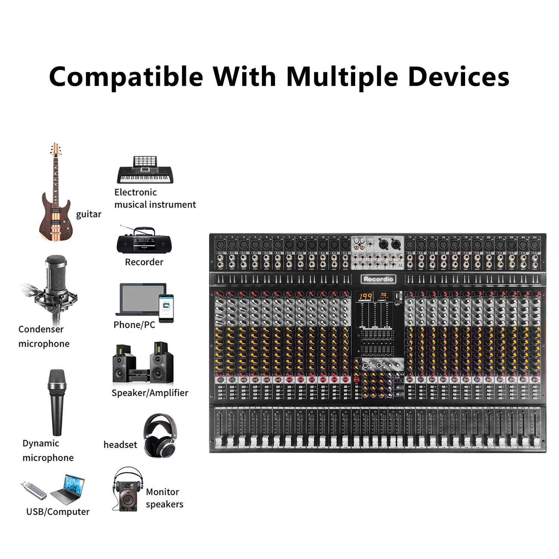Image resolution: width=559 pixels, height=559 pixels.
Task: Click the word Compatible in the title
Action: click(x=126, y=77)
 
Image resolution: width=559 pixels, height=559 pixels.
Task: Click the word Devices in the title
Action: click(x=458, y=77)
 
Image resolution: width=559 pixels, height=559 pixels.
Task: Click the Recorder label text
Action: click(x=144, y=262)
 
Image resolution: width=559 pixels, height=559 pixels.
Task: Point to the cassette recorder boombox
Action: click(x=144, y=241)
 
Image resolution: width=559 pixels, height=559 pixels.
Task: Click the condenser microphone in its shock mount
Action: click(x=55, y=287)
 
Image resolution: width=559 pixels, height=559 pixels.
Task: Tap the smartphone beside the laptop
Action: click(x=166, y=308)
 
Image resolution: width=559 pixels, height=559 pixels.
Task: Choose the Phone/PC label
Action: click(x=134, y=325)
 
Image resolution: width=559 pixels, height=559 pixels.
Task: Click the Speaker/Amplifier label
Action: click(x=150, y=393)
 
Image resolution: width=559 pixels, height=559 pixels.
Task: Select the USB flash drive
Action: click(x=34, y=490)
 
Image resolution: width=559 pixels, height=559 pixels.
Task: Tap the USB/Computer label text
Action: click(x=58, y=512)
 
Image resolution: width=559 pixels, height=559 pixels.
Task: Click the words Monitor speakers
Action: click(x=164, y=498)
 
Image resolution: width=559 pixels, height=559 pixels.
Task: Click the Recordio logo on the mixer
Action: click(x=378, y=279)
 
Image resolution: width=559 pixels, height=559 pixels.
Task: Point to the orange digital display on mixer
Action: click(x=366, y=297)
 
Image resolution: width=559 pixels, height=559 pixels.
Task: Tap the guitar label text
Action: click(x=89, y=214)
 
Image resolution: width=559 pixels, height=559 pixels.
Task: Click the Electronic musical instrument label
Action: click(x=155, y=198)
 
